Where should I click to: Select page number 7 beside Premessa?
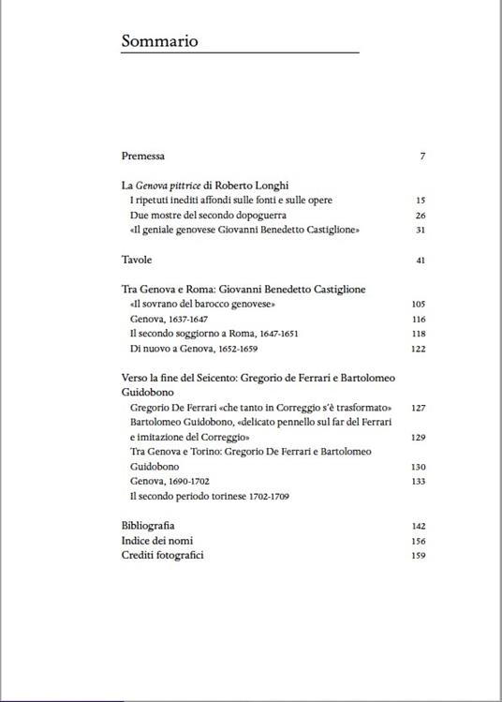coord(422,156)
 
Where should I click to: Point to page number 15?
coord(421,201)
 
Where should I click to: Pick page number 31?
coord(421,231)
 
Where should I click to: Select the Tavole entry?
coord(137,260)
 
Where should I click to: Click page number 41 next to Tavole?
coord(421,260)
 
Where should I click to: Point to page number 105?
coord(419,305)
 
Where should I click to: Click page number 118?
coord(419,335)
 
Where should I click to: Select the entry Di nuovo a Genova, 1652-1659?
coord(194,350)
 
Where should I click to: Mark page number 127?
coord(419,408)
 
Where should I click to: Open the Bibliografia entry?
coord(148,526)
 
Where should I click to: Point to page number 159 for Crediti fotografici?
coord(419,556)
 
